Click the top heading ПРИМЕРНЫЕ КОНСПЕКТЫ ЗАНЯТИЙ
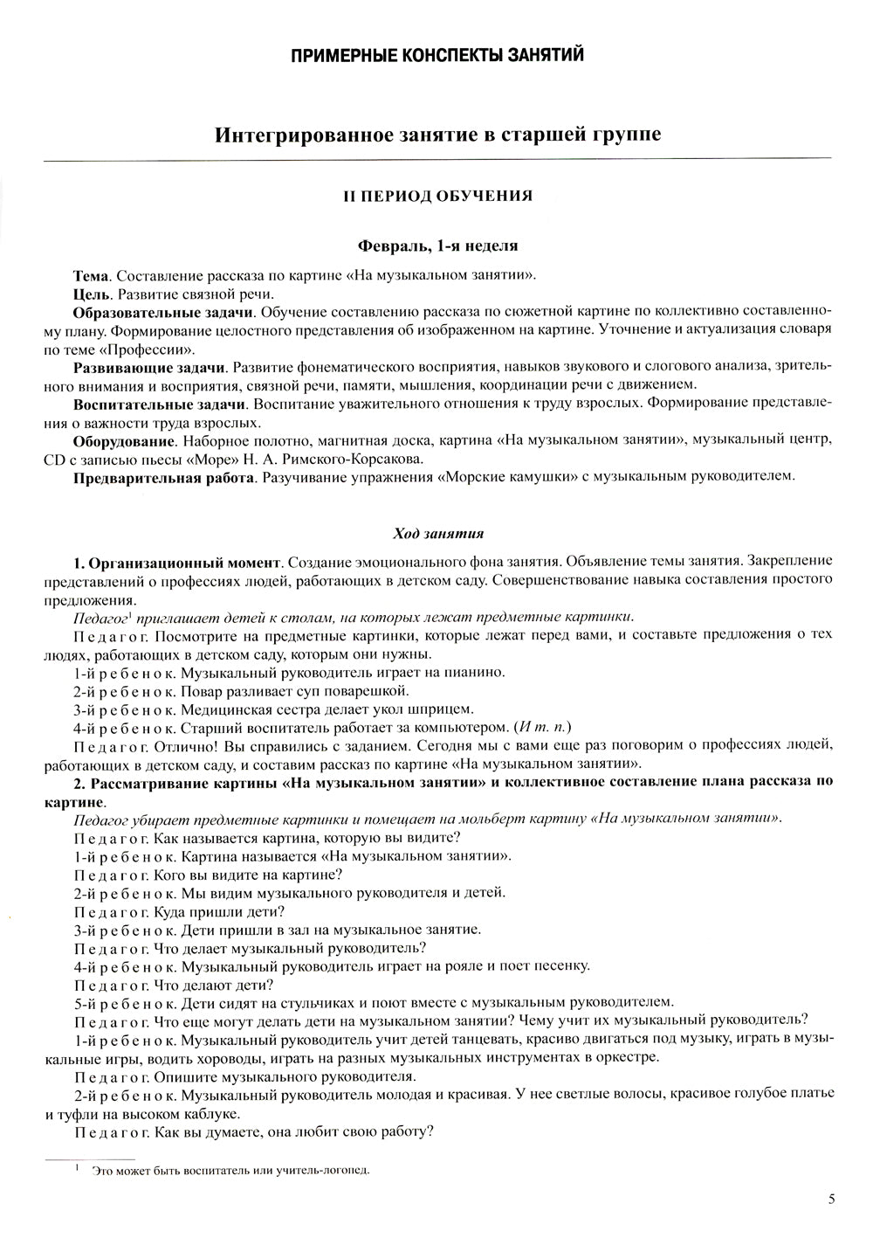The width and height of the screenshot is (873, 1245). pyautogui.click(x=436, y=56)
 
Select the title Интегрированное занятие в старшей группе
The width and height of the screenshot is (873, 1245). pyautogui.click(x=436, y=135)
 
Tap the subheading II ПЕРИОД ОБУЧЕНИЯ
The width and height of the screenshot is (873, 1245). pyautogui.click(x=436, y=197)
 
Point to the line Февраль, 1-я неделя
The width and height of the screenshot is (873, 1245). pyautogui.click(x=436, y=246)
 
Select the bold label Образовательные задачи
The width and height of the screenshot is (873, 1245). pyautogui.click(x=163, y=312)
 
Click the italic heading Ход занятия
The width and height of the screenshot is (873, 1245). pyautogui.click(x=436, y=533)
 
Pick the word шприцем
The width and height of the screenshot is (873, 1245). pyautogui.click(x=443, y=709)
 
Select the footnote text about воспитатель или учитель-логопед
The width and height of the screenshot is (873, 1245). pyautogui.click(x=231, y=1172)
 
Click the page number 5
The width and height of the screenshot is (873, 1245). pyautogui.click(x=831, y=1200)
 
